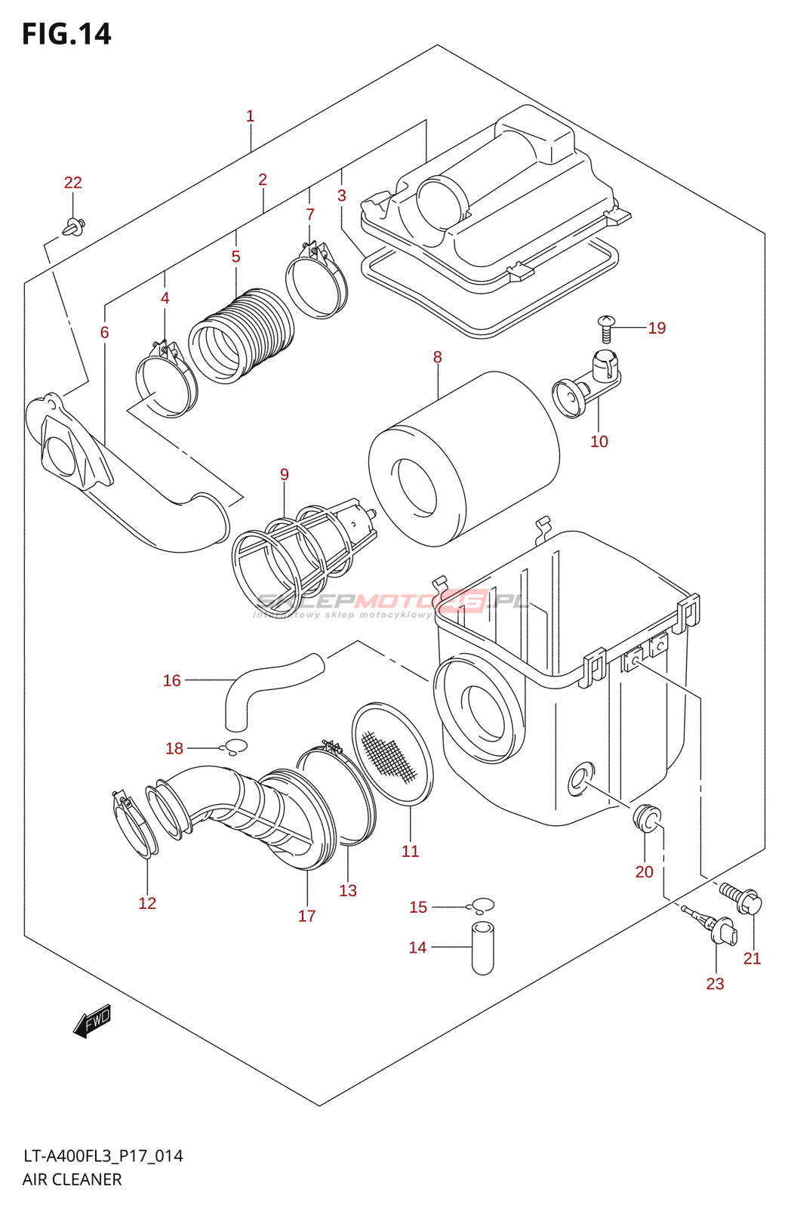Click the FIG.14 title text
[66, 35]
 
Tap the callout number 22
[72, 183]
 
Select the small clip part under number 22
[75, 225]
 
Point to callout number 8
[437, 357]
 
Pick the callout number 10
[599, 442]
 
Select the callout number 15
[418, 907]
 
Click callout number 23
[715, 984]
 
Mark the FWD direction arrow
[92, 1022]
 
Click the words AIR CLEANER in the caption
[72, 1179]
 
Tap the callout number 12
[147, 903]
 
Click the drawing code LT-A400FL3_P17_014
[103, 1156]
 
